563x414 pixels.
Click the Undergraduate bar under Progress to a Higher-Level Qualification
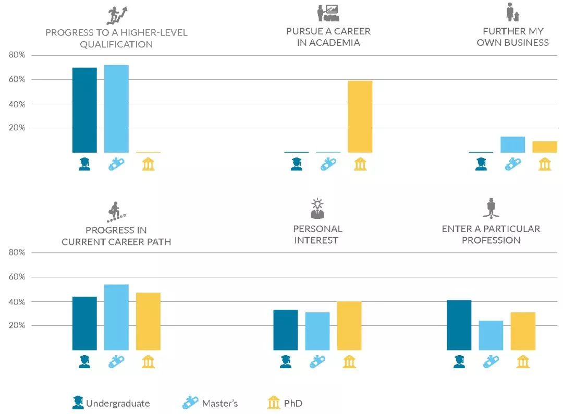click(x=84, y=110)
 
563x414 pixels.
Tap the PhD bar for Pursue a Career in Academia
click(x=360, y=117)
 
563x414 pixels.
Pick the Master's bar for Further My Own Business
click(x=512, y=144)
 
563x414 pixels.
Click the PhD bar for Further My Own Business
click(x=545, y=147)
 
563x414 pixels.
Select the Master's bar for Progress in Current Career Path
click(x=116, y=317)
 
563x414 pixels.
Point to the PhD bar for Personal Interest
click(x=349, y=326)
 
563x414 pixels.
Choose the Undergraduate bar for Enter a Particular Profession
click(x=459, y=325)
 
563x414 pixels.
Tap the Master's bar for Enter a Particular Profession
click(x=491, y=335)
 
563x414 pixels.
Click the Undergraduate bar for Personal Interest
click(x=286, y=330)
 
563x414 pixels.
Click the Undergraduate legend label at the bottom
click(x=117, y=403)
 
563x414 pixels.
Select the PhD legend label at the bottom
click(x=293, y=403)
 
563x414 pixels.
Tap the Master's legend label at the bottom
click(x=219, y=403)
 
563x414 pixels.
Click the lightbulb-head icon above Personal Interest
click(x=317, y=208)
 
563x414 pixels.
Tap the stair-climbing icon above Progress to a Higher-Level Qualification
click(x=117, y=16)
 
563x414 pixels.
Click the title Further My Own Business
click(x=512, y=36)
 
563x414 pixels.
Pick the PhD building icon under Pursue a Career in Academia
click(x=360, y=164)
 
